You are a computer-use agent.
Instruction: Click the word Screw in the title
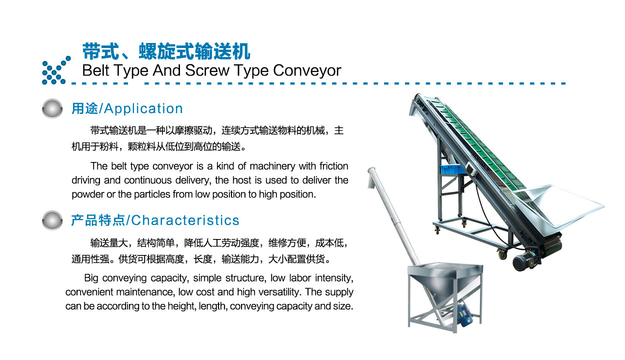click(207, 70)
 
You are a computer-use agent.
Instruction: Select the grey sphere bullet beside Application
click(52, 108)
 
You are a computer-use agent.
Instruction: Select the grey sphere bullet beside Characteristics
click(52, 220)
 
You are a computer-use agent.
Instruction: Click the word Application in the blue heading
click(143, 109)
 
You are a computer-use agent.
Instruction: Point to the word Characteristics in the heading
click(185, 220)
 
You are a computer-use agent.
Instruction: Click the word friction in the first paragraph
click(333, 166)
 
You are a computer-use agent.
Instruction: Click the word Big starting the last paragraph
click(91, 278)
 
